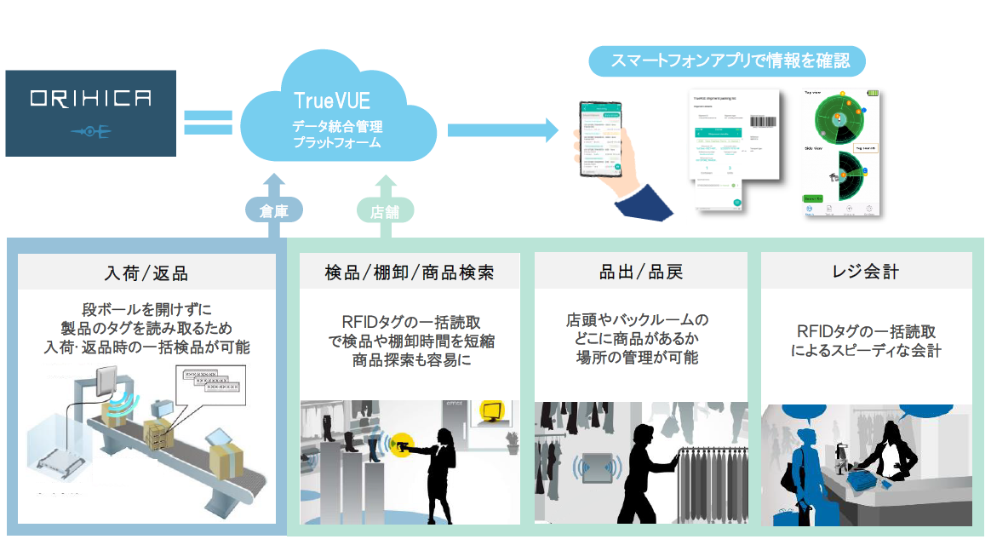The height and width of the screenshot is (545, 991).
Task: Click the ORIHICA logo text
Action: click(x=90, y=98)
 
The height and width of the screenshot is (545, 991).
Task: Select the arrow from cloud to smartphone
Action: click(x=502, y=129)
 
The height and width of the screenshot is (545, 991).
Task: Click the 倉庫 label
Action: click(x=272, y=209)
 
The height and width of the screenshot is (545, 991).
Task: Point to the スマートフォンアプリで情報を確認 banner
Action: click(x=726, y=61)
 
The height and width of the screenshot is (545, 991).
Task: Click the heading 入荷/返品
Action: click(x=147, y=273)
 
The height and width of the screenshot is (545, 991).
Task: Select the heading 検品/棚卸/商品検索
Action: click(x=410, y=273)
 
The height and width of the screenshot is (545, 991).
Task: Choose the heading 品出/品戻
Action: click(x=641, y=273)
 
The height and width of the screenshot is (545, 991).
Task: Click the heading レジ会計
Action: click(x=865, y=273)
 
